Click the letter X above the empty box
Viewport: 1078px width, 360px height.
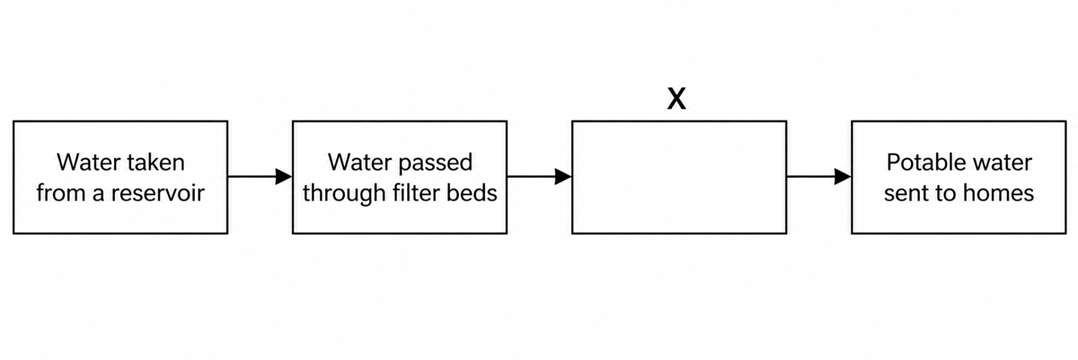(676, 98)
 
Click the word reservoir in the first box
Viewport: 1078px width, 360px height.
(157, 193)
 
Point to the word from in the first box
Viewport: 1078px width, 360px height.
(61, 193)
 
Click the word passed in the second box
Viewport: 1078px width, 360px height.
(437, 163)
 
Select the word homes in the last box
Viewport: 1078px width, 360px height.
(1002, 193)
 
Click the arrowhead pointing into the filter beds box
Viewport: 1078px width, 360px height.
(284, 177)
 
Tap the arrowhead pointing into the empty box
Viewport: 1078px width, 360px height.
(564, 177)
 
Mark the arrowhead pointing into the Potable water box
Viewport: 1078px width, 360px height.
(843, 177)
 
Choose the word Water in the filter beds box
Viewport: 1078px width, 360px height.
(362, 162)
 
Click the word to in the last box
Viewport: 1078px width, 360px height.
(948, 194)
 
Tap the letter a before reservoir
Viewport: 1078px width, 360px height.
(98, 195)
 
